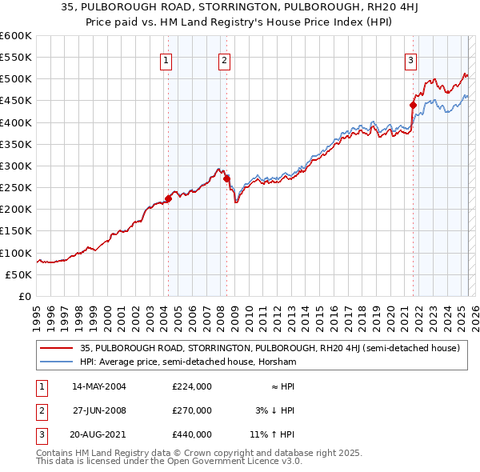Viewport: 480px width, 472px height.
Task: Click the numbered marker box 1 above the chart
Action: point(166,60)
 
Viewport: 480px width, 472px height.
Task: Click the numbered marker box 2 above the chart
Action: point(225,60)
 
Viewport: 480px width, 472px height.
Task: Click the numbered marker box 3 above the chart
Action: point(410,60)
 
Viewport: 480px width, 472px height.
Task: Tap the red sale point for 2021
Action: point(414,105)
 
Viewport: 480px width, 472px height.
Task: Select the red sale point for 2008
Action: point(227,178)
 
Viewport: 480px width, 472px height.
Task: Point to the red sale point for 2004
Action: point(168,198)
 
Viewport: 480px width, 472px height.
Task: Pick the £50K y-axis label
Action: point(19,274)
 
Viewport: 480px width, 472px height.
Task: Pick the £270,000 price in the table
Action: point(191,410)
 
